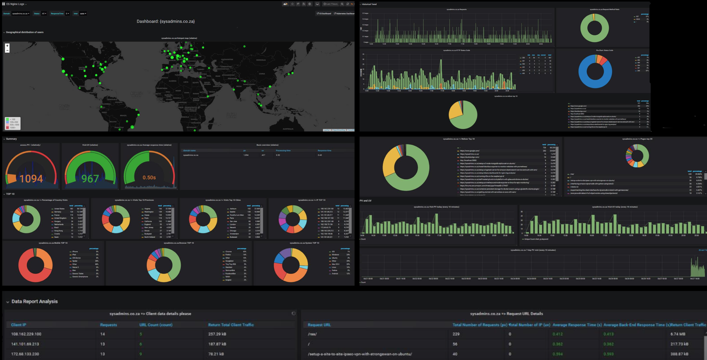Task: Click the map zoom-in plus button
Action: [x=7, y=46]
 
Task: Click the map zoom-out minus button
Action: [x=7, y=50]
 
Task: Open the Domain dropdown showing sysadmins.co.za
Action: [x=21, y=14]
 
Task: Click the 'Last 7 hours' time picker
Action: [x=331, y=4]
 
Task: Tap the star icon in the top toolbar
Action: [x=292, y=4]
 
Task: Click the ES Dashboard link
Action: [x=324, y=14]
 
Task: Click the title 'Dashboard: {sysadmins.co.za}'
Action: [x=166, y=21]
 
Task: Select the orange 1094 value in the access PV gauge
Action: [x=31, y=179]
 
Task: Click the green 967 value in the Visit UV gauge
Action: [x=90, y=179]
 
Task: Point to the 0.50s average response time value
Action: [x=149, y=177]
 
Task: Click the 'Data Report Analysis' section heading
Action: [x=34, y=301]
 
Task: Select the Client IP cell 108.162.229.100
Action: [x=26, y=334]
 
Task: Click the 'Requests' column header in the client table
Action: [x=108, y=325]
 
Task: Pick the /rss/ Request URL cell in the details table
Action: [x=312, y=334]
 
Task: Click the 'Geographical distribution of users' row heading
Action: [x=25, y=32]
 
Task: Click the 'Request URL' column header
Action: [x=319, y=325]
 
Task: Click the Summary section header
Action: [x=11, y=139]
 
